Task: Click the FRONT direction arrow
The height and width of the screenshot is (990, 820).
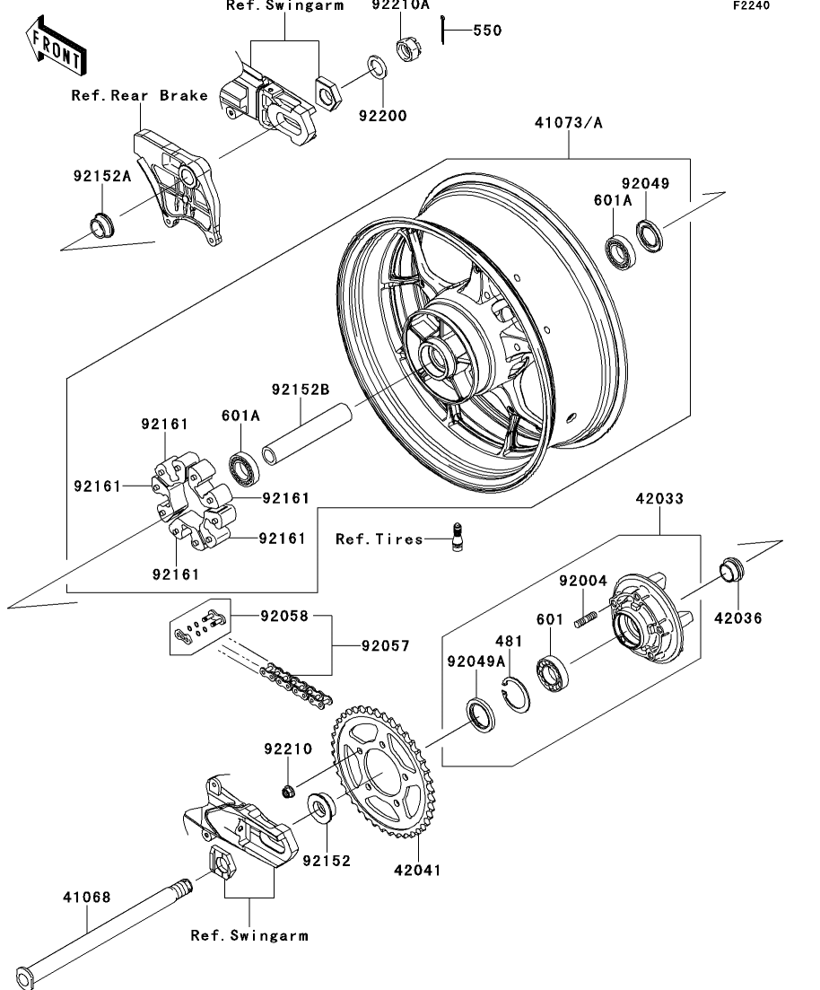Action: pyautogui.click(x=57, y=46)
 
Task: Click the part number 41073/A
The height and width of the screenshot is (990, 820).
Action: pyautogui.click(x=569, y=122)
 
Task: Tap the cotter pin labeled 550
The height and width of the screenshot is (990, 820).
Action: pyautogui.click(x=444, y=31)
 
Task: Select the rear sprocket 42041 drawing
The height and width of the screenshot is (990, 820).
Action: pyautogui.click(x=382, y=769)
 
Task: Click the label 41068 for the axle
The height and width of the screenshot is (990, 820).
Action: pyautogui.click(x=87, y=898)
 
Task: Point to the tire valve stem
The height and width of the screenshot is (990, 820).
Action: pyautogui.click(x=457, y=537)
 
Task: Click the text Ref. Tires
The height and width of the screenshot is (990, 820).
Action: pyautogui.click(x=379, y=539)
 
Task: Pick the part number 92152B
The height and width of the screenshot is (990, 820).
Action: pyautogui.click(x=301, y=390)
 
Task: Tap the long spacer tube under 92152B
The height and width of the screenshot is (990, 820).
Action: pyautogui.click(x=306, y=434)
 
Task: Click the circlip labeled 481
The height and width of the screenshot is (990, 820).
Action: pyautogui.click(x=516, y=694)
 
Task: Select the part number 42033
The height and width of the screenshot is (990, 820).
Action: pyautogui.click(x=659, y=499)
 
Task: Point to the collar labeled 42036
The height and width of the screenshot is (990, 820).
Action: pyautogui.click(x=732, y=570)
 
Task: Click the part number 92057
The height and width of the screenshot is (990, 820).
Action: pyautogui.click(x=386, y=646)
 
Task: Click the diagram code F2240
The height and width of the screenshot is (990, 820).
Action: pyautogui.click(x=751, y=5)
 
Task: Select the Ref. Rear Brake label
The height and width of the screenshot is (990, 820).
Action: pyautogui.click(x=139, y=95)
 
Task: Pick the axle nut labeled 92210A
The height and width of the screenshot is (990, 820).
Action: pyautogui.click(x=408, y=49)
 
